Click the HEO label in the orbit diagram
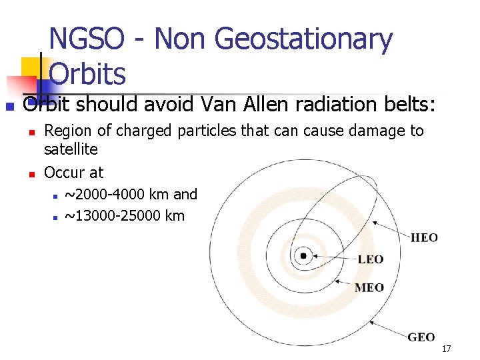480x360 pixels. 424,237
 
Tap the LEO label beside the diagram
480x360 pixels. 371,259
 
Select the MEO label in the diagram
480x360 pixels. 369,287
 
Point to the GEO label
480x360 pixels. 421,337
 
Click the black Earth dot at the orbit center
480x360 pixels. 304,255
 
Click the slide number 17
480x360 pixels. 446,349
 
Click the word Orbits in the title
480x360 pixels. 87,73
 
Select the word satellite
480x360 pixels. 71,149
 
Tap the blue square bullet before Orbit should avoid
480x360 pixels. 9,106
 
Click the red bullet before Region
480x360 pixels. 31,131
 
